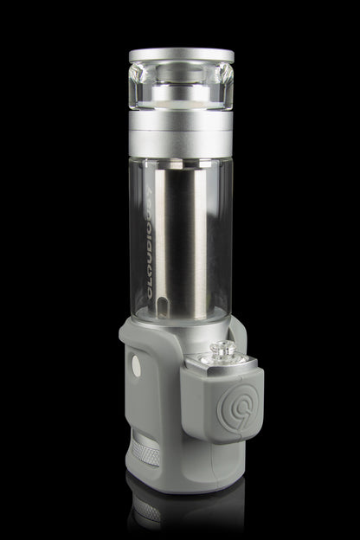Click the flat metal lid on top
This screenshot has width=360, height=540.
181,55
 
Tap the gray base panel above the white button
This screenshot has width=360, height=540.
137,342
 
